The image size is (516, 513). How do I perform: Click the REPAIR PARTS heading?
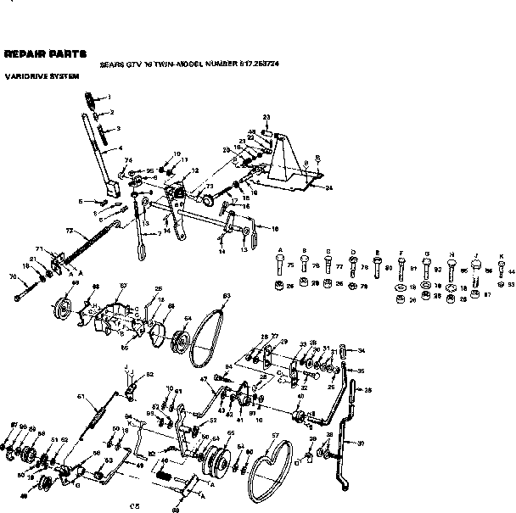coord(44,53)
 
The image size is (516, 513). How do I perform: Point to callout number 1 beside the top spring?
coord(108,98)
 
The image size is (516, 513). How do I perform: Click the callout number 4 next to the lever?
coord(108,148)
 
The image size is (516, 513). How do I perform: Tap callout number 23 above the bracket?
coord(266,116)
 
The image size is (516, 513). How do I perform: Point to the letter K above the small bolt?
coord(500,255)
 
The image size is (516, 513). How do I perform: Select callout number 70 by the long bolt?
coord(12,276)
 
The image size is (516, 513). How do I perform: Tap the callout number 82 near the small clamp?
coord(150,373)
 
